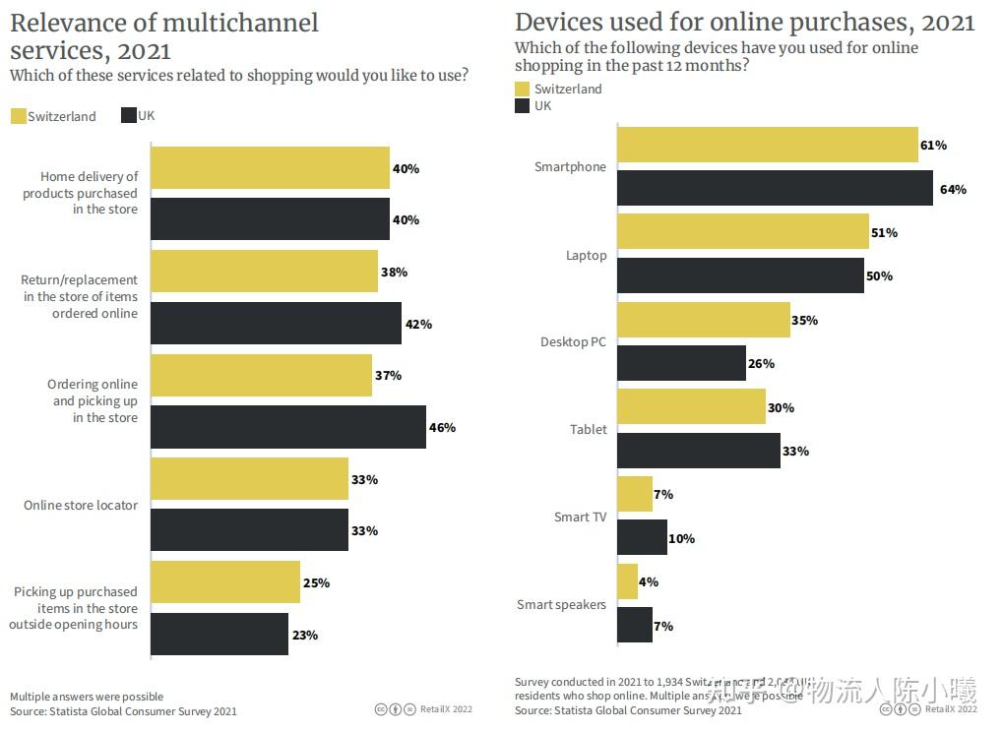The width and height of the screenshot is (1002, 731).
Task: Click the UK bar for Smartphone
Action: point(775,188)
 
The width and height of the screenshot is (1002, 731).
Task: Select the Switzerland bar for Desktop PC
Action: point(704,320)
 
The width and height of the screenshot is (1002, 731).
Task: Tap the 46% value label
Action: point(442,428)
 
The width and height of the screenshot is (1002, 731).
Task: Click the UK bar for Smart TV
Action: point(642,538)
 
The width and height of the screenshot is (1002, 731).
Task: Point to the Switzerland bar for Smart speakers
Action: point(628,581)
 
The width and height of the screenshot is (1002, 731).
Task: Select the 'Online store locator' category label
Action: point(81,506)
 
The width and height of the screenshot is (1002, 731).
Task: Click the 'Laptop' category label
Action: point(586,256)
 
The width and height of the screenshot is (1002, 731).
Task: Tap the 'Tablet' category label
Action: point(588,430)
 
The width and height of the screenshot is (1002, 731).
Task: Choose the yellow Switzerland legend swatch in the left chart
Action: point(18,116)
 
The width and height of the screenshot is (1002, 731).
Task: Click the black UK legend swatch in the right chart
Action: point(523,105)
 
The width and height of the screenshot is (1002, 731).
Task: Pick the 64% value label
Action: point(953,189)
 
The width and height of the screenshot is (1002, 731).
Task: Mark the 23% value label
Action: point(305,636)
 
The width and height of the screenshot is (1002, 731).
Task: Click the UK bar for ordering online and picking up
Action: point(288,427)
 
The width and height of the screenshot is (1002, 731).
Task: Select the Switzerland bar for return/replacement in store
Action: point(264,272)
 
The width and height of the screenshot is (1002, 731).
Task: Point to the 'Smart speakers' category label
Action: point(561,605)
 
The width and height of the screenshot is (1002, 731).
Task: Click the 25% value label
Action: point(317,583)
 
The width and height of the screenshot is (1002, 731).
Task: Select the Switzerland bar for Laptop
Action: point(743,232)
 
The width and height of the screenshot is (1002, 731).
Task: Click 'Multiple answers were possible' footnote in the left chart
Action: point(87,697)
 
